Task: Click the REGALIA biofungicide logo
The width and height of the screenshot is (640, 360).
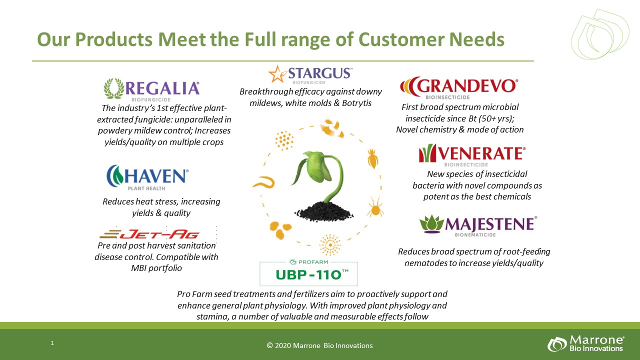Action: coord(151,89)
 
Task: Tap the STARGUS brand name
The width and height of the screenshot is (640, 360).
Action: coord(320,73)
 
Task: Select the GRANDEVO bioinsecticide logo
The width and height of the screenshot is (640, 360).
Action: coord(459,88)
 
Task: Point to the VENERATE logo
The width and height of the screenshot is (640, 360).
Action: coord(472,155)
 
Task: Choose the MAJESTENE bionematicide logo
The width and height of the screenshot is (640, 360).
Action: coord(478,225)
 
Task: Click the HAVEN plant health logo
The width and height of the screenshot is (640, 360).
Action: coord(147,177)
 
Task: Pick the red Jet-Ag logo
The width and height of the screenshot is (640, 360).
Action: coord(149,234)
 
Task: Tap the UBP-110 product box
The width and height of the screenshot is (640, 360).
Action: coord(308,273)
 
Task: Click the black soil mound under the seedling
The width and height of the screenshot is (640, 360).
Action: coord(323,211)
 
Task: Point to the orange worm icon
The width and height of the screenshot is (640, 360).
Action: coord(263,182)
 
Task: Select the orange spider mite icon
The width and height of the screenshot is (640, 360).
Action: coord(375,207)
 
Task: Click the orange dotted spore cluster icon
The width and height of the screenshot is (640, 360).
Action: coord(284,140)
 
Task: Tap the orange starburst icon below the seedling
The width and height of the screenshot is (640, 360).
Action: coord(330,245)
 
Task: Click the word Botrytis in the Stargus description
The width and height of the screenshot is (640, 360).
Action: coord(356,103)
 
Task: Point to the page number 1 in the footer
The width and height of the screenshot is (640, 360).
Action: coord(52,343)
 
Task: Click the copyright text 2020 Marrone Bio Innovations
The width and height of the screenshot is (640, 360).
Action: coord(319,345)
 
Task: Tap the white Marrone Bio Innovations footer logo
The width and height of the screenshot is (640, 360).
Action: coord(585,343)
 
